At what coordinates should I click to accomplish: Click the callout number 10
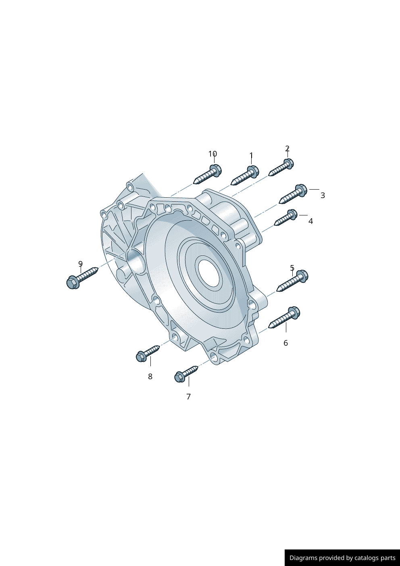[212, 154]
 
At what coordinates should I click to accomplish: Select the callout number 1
[251, 155]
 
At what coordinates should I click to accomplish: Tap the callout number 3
[323, 195]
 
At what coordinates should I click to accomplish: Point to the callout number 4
[310, 221]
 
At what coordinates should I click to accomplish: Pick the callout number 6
[285, 343]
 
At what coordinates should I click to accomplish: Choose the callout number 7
[188, 397]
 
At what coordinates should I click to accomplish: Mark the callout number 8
[150, 376]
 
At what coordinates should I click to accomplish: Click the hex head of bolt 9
[73, 282]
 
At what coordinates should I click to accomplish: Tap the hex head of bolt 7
[180, 377]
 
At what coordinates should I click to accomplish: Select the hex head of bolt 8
[141, 357]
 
